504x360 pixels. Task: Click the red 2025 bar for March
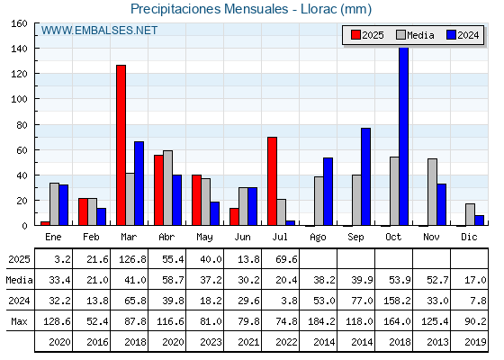point(121,145)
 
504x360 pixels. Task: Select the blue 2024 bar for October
point(404,136)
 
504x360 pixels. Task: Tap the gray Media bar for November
point(432,192)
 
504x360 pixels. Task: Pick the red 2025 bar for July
point(272,181)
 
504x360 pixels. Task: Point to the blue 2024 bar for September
point(365,176)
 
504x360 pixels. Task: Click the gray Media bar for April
point(167,188)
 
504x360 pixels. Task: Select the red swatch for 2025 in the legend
point(355,35)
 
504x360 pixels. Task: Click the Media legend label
point(420,35)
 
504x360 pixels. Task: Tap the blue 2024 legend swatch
point(451,35)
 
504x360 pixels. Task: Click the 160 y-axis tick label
point(19,23)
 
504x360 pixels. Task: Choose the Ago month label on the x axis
point(318,238)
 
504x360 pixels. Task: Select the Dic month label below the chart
point(469,237)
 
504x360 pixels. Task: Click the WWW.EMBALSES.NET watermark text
point(99,31)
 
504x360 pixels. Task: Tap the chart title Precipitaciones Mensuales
point(209,9)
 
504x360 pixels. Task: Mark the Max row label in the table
point(19,321)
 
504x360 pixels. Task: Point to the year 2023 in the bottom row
point(211,342)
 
